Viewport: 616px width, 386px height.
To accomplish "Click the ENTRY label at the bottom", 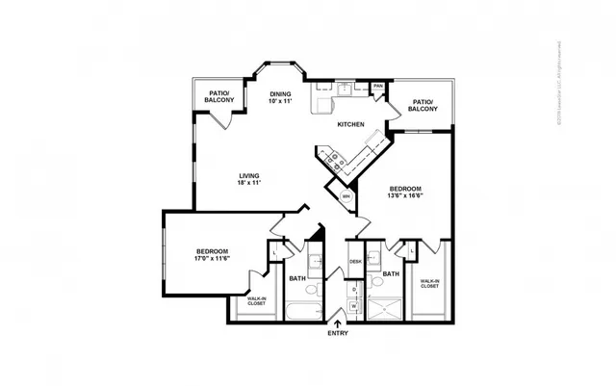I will tap(337, 333).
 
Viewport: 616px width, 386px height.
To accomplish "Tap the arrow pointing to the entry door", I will tap(337, 322).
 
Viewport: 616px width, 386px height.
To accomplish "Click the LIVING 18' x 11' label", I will tap(250, 178).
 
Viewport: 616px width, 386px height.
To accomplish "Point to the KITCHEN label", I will tap(348, 125).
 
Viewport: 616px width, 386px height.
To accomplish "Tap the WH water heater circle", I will tap(346, 197).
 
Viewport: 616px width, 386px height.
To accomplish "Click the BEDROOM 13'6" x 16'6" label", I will tap(406, 192).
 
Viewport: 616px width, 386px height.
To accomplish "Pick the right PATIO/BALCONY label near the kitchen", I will tap(423, 105).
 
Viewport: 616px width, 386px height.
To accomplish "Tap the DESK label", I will tap(355, 261).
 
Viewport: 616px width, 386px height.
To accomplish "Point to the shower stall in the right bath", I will tap(386, 308).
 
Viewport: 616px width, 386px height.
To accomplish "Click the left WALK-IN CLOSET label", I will tap(256, 301).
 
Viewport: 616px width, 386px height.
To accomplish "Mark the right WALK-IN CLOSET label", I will tap(428, 283).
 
